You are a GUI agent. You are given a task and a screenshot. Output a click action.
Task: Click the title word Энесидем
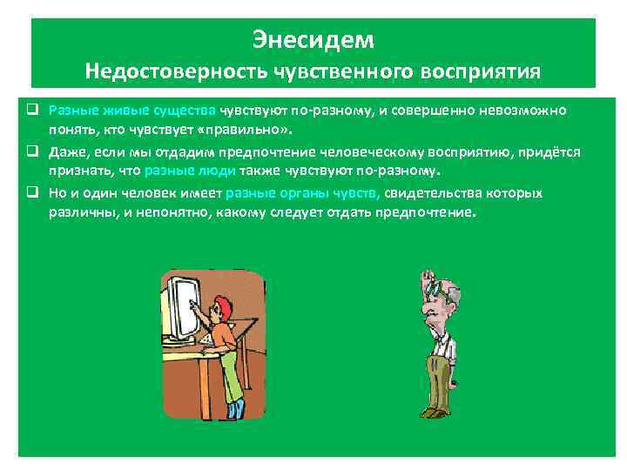point(313,40)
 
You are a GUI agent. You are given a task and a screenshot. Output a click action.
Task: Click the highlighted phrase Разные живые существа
point(132,111)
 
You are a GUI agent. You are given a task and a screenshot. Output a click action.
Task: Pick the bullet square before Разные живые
point(30,111)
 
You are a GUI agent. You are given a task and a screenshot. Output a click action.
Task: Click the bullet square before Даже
point(30,151)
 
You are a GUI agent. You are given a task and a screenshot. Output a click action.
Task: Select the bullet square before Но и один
point(30,192)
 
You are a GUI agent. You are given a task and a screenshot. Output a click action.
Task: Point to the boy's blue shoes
point(235,408)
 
